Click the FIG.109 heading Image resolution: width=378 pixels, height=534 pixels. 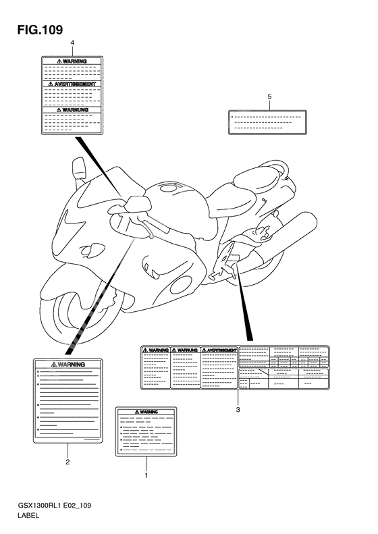click(40, 30)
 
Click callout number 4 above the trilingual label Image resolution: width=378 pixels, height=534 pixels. click(72, 43)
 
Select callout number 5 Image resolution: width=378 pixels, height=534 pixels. click(269, 97)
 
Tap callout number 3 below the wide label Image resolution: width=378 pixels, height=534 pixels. click(238, 410)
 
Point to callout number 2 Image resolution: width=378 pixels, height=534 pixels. click(67, 462)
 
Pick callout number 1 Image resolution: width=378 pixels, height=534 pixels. click(146, 475)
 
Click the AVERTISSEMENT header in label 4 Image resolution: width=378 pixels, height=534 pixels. click(72, 84)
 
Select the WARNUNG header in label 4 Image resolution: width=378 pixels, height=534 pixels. click(72, 110)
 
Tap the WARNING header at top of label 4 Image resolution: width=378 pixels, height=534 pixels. click(72, 61)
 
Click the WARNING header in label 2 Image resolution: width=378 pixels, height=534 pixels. click(67, 365)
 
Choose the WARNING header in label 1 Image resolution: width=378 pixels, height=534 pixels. click(146, 412)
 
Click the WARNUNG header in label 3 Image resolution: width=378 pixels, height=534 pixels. click(185, 350)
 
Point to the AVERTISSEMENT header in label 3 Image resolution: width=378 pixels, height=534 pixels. click(219, 350)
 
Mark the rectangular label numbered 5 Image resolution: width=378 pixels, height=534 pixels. click(267, 122)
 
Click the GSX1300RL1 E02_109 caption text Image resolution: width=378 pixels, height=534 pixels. click(55, 506)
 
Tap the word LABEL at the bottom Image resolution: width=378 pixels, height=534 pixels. click(28, 515)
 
